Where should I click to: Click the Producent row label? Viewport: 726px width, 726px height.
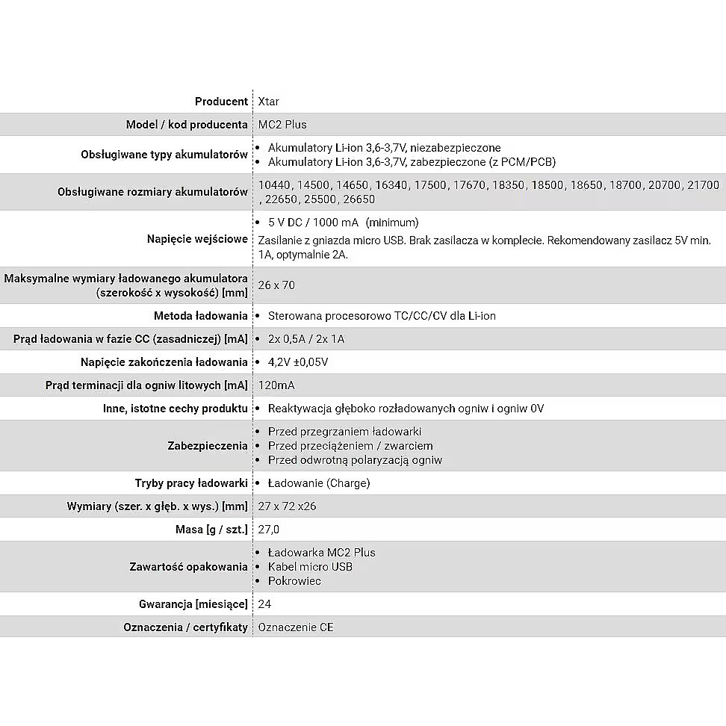tap(221, 102)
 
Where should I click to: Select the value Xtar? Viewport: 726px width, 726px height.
tap(268, 102)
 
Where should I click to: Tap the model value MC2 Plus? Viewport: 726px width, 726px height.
tap(282, 124)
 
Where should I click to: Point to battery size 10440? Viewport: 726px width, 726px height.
tap(275, 184)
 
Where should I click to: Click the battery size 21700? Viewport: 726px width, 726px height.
tap(703, 184)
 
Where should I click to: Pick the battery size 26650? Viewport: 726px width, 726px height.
tap(359, 199)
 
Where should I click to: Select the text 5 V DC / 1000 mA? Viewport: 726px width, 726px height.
tap(313, 223)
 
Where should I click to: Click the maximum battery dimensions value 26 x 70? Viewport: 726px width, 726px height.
tap(276, 285)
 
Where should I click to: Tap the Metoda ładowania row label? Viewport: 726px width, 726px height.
tap(200, 316)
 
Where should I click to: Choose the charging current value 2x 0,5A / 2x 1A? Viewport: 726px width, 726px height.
tap(306, 339)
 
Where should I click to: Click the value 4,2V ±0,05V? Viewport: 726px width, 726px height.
tap(298, 362)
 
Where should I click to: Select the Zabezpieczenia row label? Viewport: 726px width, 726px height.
tap(208, 446)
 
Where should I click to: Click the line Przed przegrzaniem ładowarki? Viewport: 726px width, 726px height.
tap(344, 432)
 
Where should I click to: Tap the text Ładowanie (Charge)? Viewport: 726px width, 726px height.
tap(319, 483)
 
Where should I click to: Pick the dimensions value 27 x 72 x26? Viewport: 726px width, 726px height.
tap(287, 506)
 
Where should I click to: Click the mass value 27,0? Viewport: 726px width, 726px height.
tap(268, 530)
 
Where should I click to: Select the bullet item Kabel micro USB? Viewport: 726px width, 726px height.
tap(310, 567)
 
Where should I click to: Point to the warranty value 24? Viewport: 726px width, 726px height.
tap(264, 604)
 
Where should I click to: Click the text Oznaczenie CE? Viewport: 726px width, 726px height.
tap(296, 627)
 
